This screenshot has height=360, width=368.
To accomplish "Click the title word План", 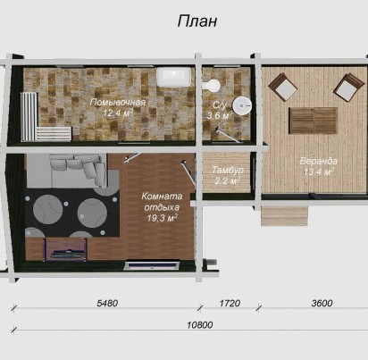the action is point(197,21).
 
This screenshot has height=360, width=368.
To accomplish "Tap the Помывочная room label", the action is point(118,103).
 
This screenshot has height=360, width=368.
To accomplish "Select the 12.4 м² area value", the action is point(118,113).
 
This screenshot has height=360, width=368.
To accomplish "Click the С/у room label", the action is point(220,105).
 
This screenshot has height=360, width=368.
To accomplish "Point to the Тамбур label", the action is point(228,170).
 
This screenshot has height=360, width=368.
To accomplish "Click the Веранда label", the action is point(319,161).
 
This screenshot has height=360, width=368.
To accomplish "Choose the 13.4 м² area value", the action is point(319,172).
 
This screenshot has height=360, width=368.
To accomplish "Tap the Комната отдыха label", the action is point(162,202).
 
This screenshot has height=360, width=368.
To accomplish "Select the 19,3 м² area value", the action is point(162,218).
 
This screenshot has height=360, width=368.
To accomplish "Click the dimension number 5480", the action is point(107,303).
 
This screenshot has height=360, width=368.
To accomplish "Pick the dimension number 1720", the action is point(230,303).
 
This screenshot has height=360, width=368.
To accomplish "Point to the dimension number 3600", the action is point(322,303).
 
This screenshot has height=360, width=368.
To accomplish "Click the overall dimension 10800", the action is point(200,324).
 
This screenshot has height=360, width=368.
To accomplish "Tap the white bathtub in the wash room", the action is point(174,77).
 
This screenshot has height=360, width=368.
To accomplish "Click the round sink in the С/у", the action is point(242,105).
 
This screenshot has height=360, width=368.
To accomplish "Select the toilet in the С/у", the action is point(212,85).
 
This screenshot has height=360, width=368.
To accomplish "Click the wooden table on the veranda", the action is point(314,121).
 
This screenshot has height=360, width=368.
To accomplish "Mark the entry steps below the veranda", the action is point(284,216).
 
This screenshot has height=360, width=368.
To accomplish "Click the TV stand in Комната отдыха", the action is point(65,250).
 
